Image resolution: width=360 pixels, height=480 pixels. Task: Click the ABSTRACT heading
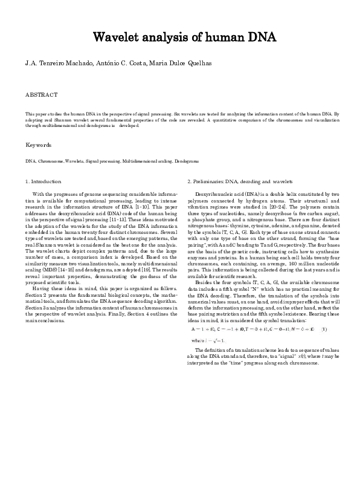[x=41, y=95]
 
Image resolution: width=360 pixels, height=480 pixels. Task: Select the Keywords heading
[x=39, y=145]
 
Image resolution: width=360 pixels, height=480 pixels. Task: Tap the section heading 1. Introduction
[x=43, y=181]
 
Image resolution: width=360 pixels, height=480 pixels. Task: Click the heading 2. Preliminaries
[x=205, y=181]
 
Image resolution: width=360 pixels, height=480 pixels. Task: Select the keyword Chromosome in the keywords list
[x=49, y=162]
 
